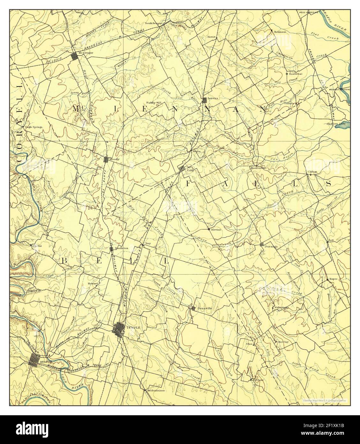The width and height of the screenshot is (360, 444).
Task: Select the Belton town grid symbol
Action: tap(34, 360)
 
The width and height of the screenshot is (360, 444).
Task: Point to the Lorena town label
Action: tap(213, 98)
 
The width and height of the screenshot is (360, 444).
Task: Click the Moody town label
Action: tap(114, 159)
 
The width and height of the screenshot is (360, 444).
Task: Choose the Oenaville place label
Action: tap(205, 308)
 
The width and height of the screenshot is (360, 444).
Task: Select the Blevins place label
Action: tap(216, 229)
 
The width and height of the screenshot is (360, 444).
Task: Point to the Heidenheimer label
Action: tap(157, 390)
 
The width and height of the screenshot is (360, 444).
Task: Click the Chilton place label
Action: tap(312, 172)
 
